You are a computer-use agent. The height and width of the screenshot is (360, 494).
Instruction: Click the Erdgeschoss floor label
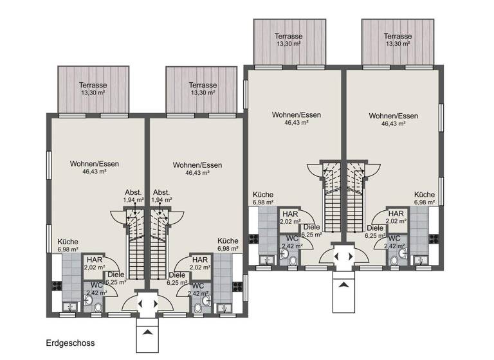point(70,343)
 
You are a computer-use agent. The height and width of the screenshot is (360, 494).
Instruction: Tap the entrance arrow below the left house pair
point(147,332)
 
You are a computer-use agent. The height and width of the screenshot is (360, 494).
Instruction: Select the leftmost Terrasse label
point(93,85)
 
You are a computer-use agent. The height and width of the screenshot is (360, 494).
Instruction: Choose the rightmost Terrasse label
point(398,36)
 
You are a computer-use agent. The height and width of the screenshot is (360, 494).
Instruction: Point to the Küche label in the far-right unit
point(425,194)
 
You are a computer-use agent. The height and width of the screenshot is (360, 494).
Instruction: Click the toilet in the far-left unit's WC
point(98,307)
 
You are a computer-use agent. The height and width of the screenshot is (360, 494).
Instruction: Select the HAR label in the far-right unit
point(396,213)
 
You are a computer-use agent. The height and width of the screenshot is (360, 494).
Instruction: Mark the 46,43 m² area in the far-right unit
point(393,124)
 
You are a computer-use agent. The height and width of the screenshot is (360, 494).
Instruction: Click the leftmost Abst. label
point(134,192)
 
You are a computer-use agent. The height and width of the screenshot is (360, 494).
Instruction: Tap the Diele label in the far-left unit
point(116,274)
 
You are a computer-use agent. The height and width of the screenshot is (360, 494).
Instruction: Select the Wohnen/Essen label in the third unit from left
point(297,114)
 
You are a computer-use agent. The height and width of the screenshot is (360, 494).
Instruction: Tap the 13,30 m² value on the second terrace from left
point(203,93)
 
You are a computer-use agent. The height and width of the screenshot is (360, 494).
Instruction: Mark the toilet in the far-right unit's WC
point(403,253)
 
